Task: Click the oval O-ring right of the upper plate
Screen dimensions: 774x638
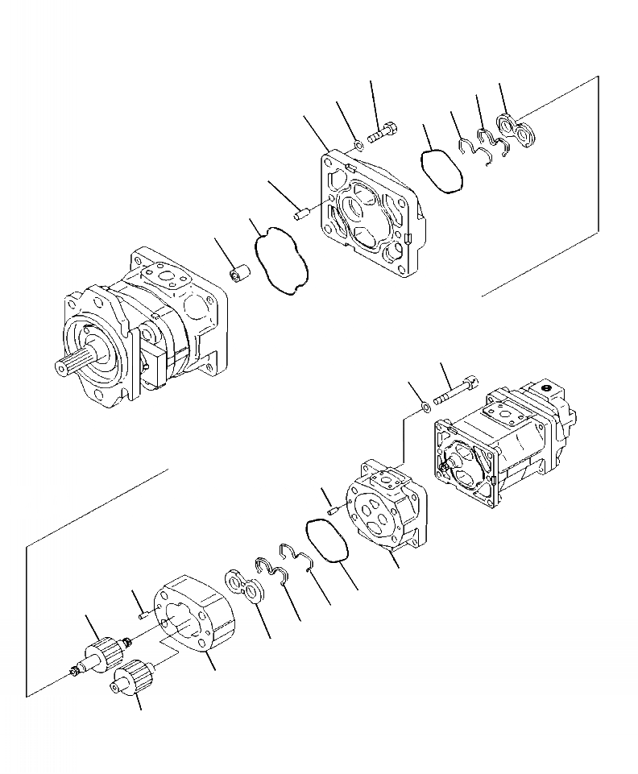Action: [442, 168]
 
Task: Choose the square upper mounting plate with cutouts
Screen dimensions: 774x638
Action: [367, 213]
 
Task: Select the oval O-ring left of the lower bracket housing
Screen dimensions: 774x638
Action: [328, 540]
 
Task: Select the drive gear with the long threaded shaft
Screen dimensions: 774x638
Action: [105, 652]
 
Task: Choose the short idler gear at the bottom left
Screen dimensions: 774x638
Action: [130, 677]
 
